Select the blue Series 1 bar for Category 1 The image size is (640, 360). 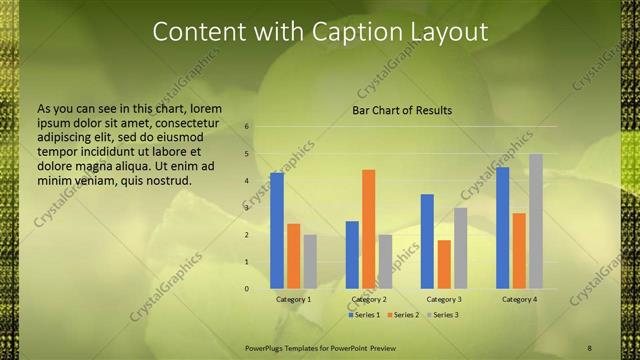point(277,231)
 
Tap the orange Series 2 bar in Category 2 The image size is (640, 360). point(369,229)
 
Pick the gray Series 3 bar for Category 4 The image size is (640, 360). point(536,221)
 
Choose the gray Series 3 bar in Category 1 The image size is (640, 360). point(310,262)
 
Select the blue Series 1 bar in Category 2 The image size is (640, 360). point(352,255)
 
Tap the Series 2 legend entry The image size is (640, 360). point(403,315)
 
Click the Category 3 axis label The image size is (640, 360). point(444,299)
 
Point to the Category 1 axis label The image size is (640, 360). point(293,299)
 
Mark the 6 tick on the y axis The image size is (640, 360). point(247,127)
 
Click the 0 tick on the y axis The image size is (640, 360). point(247,289)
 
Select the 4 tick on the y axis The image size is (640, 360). point(247,181)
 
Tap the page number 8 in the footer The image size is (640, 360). point(589,347)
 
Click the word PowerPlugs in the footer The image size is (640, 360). point(266,347)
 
